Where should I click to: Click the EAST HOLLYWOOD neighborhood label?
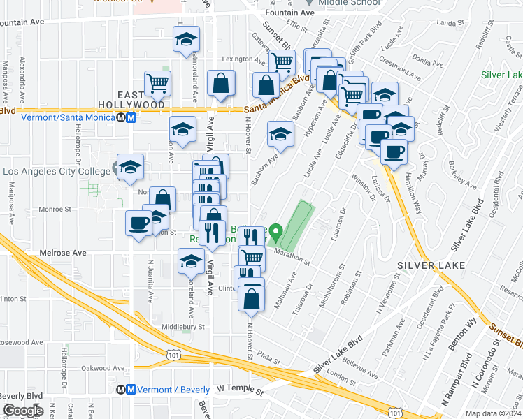click(141, 99)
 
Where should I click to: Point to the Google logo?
click(22, 411)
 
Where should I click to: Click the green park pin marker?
click(276, 231)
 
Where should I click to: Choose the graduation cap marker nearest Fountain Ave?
click(187, 39)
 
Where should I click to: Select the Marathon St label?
click(292, 256)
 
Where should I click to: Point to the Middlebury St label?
click(182, 326)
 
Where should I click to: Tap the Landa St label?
click(446, 23)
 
